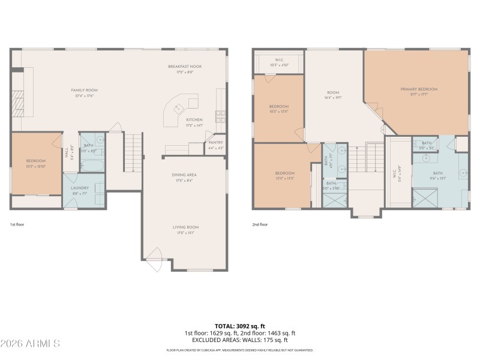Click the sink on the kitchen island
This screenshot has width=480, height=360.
click(x=178, y=109)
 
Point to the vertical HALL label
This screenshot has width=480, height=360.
click(x=67, y=153)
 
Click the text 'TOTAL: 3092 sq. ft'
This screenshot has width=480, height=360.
click(x=239, y=326)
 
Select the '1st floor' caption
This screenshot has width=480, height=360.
click(x=16, y=224)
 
